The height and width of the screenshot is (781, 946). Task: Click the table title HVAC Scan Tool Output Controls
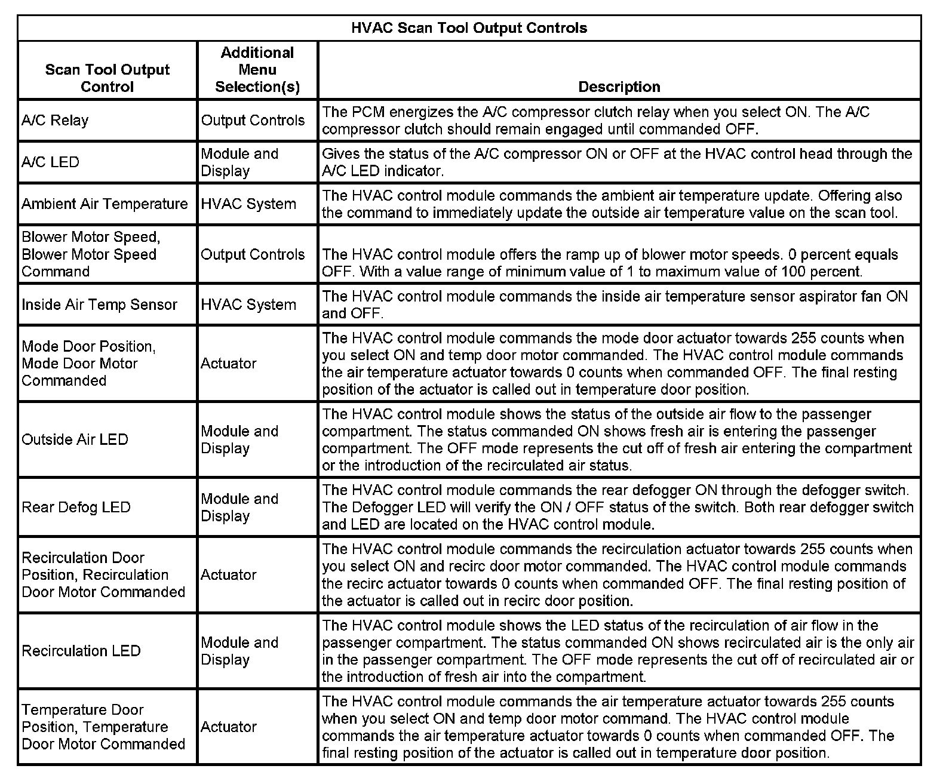469,28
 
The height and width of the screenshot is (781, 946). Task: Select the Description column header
619,87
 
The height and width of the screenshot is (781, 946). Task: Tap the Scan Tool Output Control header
107,78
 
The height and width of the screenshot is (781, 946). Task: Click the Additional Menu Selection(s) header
257,70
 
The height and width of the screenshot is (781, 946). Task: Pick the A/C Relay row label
55,120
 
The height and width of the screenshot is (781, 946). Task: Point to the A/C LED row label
50,162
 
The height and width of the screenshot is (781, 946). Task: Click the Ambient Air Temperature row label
105,204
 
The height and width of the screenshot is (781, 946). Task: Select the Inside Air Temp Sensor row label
99,305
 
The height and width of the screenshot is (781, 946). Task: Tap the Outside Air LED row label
75,439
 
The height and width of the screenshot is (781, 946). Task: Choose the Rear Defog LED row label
76,507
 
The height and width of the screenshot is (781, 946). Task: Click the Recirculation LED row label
81,650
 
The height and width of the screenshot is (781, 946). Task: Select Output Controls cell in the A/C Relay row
253,120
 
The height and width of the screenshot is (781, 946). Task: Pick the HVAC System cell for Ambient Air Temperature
248,204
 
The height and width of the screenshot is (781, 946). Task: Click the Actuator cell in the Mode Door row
229,363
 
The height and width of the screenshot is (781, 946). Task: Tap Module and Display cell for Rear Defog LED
239,507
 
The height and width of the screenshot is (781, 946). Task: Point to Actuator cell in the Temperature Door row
229,727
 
